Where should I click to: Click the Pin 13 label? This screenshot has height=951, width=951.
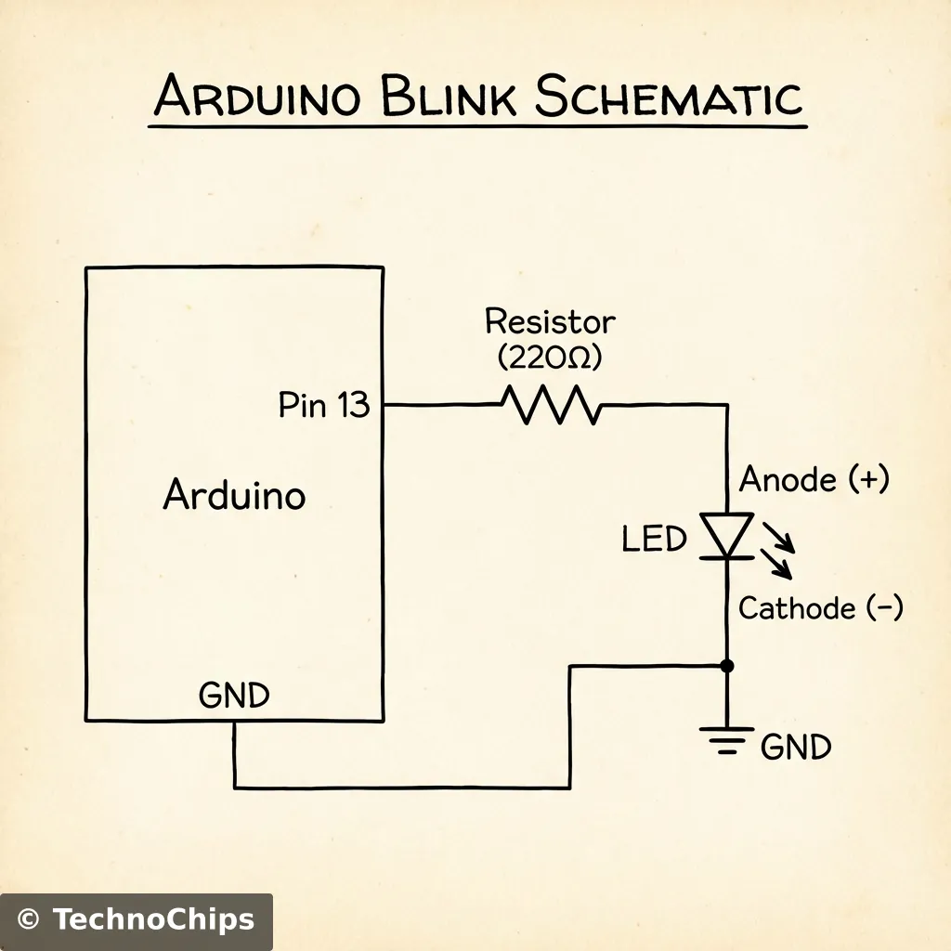pos(324,406)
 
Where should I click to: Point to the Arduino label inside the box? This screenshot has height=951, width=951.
pos(234,495)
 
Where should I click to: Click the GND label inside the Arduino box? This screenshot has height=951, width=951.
pos(234,696)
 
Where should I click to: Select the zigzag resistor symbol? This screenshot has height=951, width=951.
pos(551,405)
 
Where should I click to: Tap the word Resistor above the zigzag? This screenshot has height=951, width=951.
pos(550,322)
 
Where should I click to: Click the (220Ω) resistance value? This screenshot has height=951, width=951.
pos(550,357)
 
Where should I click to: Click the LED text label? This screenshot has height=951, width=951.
pos(654,539)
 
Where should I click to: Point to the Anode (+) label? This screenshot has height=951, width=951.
pos(814,480)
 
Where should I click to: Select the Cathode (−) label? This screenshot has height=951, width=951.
pos(820,608)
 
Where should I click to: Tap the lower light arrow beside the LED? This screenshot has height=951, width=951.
pos(777,562)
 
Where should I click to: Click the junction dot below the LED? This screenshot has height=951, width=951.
pos(727,666)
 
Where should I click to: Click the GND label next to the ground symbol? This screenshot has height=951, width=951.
pos(796,747)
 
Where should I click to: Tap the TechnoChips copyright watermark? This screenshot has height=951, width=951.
pos(136,920)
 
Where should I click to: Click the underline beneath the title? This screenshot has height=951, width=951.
pos(477,124)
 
